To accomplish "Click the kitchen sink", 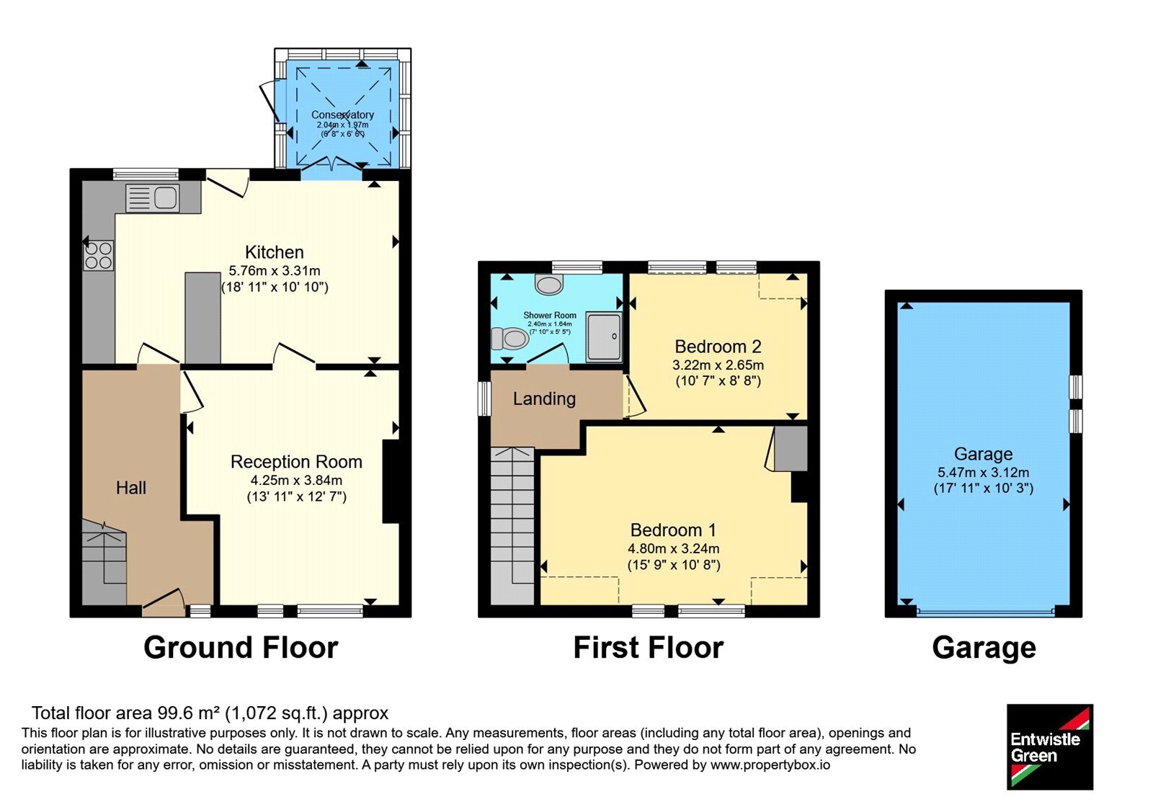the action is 152,198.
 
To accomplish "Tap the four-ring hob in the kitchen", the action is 98,255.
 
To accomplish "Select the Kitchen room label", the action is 275,252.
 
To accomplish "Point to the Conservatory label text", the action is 342,115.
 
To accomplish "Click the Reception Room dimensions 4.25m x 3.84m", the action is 296,480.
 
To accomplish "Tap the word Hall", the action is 130,488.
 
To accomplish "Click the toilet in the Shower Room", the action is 509,339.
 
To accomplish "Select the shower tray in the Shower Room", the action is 604,336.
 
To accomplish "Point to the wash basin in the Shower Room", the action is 548,284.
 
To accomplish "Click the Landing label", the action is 544,399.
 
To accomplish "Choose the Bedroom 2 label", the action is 718,347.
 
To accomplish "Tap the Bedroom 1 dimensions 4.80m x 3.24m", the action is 674,548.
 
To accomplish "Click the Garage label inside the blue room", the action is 983,454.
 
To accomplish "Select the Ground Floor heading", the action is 241,648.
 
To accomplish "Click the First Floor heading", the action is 649,648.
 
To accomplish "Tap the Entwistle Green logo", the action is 1050,746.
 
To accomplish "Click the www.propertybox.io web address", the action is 770,764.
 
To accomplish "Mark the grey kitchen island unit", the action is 202,318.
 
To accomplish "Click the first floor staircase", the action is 512,525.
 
